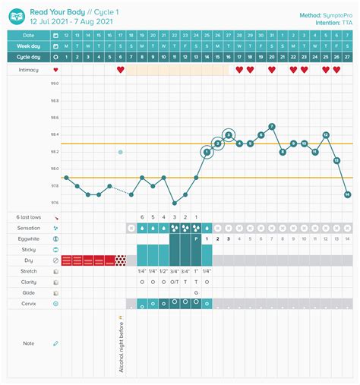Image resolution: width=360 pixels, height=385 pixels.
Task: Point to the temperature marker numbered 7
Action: [x=272, y=127]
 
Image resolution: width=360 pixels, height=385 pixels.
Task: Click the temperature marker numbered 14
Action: [x=348, y=194]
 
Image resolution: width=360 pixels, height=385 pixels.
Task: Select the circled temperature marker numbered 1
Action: [x=207, y=152]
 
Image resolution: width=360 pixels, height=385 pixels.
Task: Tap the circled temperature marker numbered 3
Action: [x=229, y=135]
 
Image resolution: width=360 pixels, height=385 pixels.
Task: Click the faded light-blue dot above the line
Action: [x=120, y=153]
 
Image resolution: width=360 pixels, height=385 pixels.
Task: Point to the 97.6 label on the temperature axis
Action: [x=55, y=203]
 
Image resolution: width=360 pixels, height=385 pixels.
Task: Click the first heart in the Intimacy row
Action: [x=120, y=70]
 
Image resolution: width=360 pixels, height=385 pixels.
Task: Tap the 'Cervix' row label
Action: [x=28, y=303]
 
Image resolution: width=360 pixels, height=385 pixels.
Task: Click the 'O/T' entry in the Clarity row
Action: [x=174, y=282]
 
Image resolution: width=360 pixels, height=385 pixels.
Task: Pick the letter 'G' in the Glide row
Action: [x=196, y=292]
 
